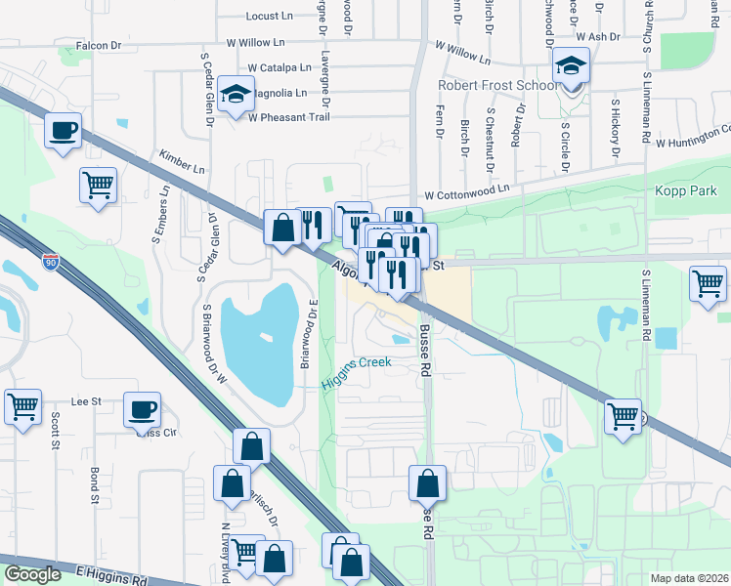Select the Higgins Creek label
point(358,362)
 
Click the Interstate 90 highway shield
point(51,261)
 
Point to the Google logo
point(32,574)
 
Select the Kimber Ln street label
point(182,162)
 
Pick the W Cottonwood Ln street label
point(467,190)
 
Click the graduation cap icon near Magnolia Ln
point(236,95)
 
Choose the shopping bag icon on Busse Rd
point(427,481)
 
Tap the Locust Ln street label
point(270,17)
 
